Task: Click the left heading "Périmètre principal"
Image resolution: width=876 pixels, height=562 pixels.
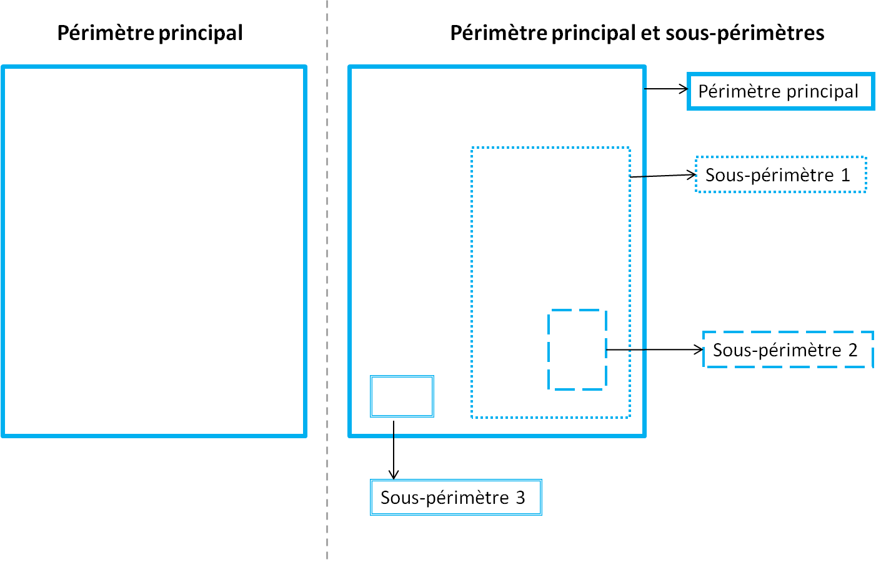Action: click(150, 33)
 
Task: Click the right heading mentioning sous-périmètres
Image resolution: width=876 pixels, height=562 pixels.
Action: click(637, 33)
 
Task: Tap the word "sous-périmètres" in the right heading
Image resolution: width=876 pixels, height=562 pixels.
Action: click(745, 33)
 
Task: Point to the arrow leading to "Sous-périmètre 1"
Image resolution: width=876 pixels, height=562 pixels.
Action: click(664, 176)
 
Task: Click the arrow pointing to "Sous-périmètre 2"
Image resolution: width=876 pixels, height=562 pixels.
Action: click(655, 349)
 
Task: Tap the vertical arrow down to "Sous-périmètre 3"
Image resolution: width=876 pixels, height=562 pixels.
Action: click(394, 450)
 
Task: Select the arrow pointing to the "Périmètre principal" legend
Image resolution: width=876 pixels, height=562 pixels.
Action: click(666, 89)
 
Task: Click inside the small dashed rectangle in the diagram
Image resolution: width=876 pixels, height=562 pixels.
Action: click(577, 349)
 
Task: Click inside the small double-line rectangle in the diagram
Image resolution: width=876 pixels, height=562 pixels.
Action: click(402, 396)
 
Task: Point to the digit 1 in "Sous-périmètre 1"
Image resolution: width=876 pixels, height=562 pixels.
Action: click(845, 175)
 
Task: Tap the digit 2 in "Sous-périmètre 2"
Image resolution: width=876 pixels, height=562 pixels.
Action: click(853, 350)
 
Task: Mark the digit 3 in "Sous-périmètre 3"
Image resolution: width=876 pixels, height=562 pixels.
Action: click(520, 498)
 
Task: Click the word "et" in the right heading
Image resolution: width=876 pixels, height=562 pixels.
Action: click(650, 33)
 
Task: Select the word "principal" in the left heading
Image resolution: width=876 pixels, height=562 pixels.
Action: click(201, 34)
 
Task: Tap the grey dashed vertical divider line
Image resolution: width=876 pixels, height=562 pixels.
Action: click(327, 281)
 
